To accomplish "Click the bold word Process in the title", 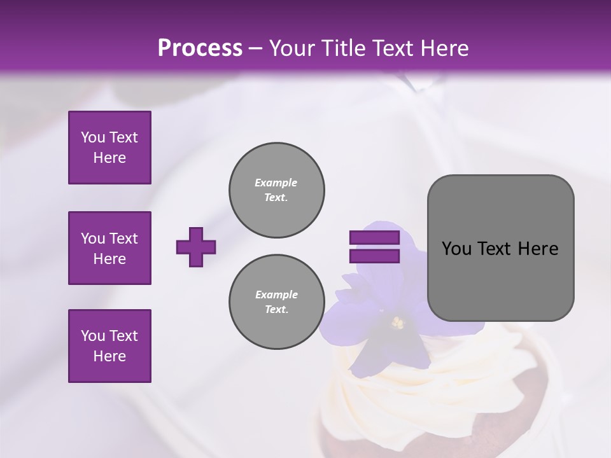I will pos(200,48).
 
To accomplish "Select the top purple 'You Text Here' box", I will pos(109,148).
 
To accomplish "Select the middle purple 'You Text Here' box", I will pos(109,248).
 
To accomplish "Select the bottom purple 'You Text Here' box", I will pos(109,346).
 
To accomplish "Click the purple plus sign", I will pos(196,247).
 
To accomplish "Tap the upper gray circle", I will pos(277,190).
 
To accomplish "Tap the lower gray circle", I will pos(277,302).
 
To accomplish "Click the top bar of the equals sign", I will pos(374,238).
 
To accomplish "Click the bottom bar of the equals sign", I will pos(374,256).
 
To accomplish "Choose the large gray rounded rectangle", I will pos(500,248).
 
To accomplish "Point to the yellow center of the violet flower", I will pos(398,323).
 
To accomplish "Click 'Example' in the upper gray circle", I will pos(276,183).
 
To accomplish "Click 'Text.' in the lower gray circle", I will pos(276,310).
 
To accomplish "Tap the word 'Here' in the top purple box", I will pos(109,158).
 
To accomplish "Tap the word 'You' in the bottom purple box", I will pos(92,336).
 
